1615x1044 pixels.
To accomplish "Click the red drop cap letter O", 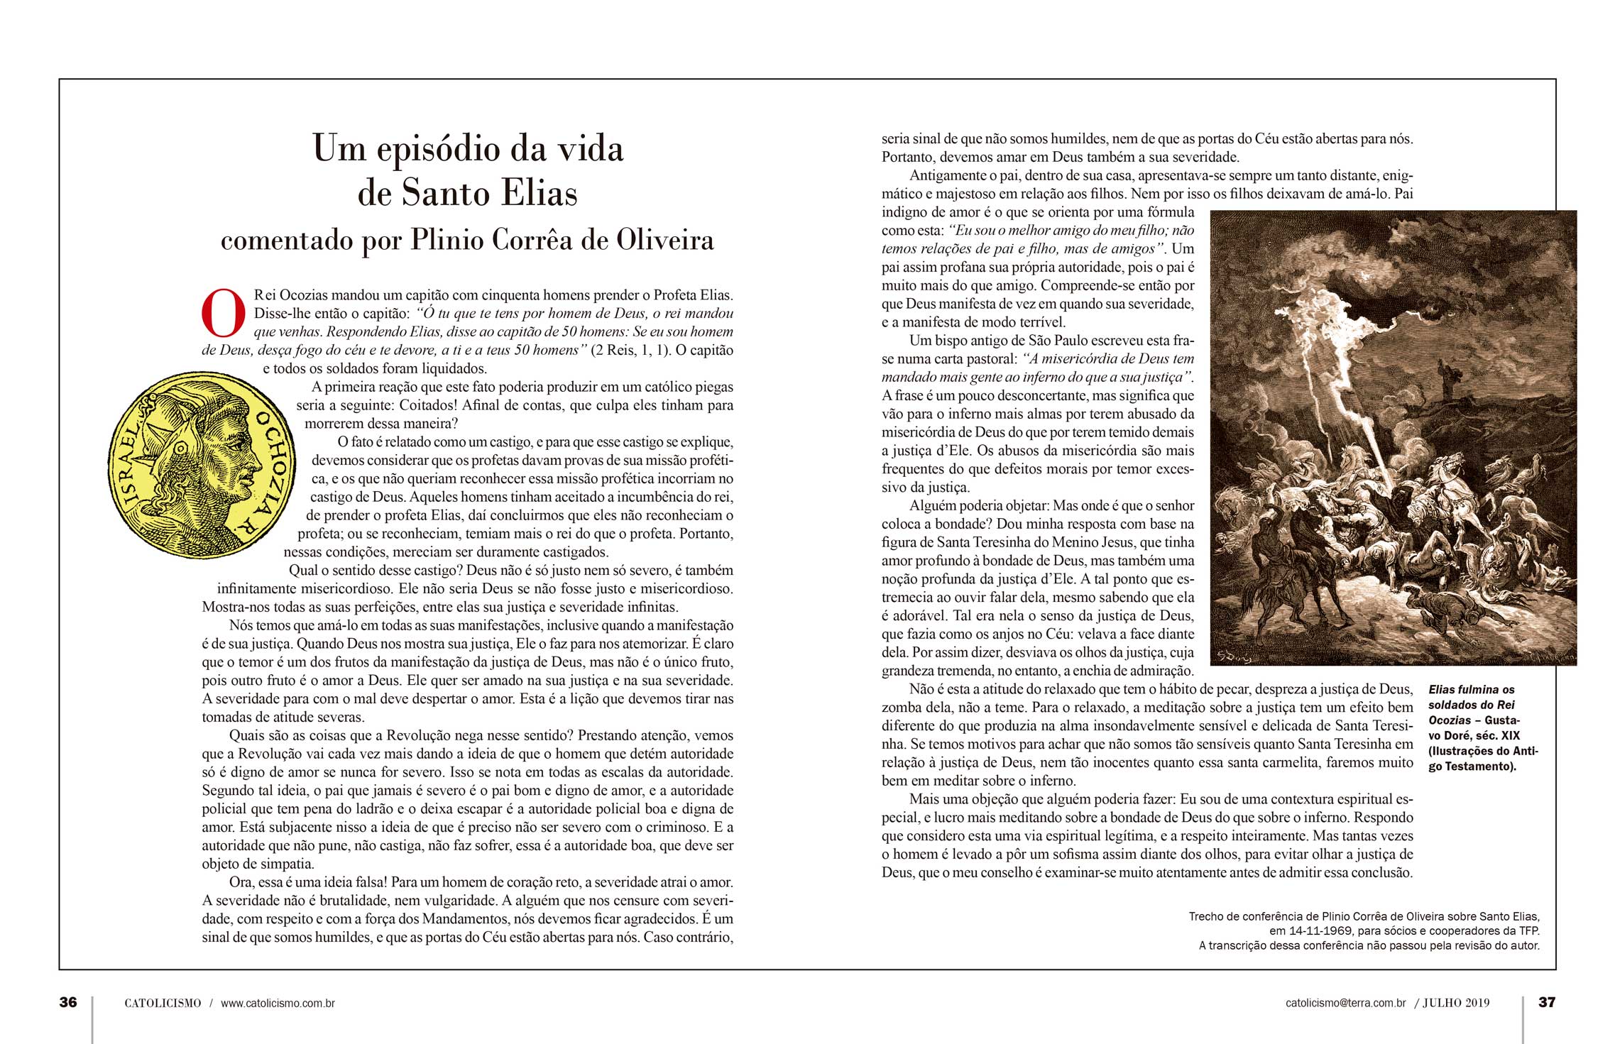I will pos(224,313).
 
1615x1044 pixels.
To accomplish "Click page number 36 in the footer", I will pos(68,1002).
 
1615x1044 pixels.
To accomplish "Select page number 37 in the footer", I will pos(1547,1002).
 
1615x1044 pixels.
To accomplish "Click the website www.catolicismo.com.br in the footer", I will pos(278,1004).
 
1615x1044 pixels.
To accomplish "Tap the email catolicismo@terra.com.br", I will pos(1345,1003).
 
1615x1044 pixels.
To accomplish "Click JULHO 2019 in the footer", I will pos(1456,1003).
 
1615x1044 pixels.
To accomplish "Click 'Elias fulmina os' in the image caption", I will pos(1472,689).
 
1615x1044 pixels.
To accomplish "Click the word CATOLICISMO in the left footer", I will pos(163,1004).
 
